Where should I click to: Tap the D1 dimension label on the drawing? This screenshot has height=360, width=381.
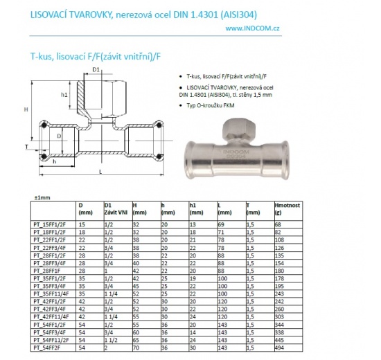click(x=96, y=70)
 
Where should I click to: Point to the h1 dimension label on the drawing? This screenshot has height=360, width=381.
click(x=64, y=94)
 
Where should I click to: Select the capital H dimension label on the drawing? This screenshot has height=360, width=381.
click(x=26, y=110)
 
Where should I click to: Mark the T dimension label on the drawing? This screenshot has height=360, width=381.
click(x=26, y=147)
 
